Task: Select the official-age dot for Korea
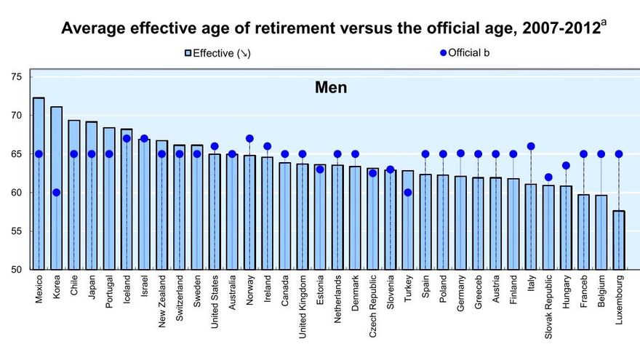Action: click(56, 193)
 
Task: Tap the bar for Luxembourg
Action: click(619, 240)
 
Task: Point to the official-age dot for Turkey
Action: click(408, 193)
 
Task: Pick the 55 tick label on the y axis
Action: click(17, 231)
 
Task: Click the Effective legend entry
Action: click(218, 52)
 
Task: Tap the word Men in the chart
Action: click(331, 88)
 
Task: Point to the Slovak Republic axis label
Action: click(548, 306)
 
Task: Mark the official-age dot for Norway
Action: click(249, 138)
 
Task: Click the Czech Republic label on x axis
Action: click(372, 305)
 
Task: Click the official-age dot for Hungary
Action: click(566, 165)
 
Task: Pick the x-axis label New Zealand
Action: click(161, 301)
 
